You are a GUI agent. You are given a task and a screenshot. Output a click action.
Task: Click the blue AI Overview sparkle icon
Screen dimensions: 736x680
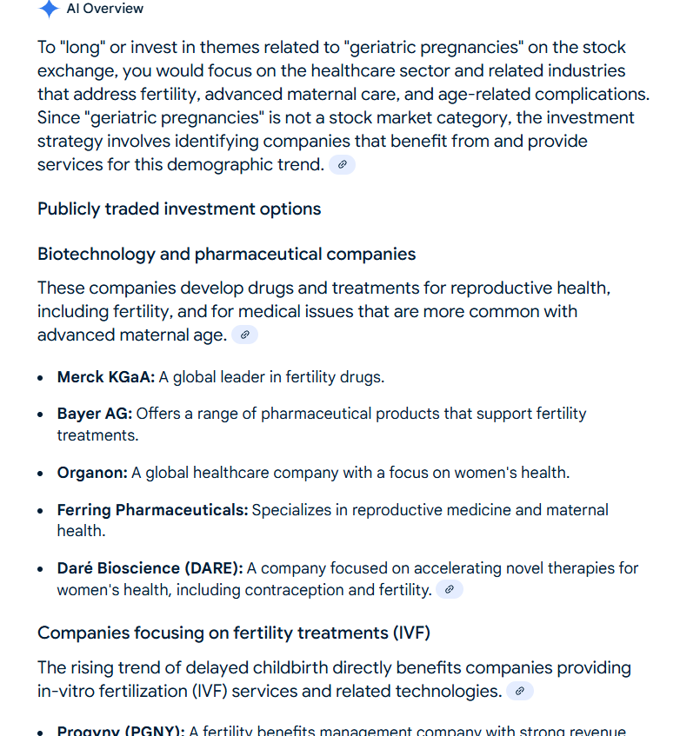(x=49, y=9)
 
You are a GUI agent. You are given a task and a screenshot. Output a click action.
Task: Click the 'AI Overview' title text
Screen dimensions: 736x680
(x=105, y=9)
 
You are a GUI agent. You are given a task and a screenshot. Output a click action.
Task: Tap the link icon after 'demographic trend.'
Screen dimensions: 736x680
(x=342, y=164)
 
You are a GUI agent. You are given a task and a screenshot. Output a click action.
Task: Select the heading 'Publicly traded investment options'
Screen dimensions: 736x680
(x=179, y=209)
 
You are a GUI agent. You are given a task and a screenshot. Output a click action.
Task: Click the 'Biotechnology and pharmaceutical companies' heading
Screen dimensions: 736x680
(x=226, y=254)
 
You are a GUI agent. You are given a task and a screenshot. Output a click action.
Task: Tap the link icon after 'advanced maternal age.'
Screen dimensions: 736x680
(x=244, y=335)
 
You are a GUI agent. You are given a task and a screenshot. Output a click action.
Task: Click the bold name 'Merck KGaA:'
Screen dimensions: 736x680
(x=106, y=377)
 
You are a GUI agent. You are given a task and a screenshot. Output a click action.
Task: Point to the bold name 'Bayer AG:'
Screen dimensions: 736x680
(x=95, y=414)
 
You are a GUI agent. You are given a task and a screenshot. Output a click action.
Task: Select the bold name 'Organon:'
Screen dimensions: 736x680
(x=92, y=473)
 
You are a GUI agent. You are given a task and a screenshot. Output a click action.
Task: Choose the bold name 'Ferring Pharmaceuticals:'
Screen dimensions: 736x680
(x=152, y=509)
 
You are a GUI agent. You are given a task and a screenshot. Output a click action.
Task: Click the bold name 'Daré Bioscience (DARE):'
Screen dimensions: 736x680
(x=150, y=568)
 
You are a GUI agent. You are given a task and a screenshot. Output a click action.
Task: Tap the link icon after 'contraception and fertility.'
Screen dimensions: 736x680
(x=449, y=590)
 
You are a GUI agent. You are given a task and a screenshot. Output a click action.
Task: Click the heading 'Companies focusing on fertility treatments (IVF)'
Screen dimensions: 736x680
(x=233, y=632)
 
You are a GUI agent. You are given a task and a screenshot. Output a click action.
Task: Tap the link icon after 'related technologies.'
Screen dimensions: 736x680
(x=519, y=691)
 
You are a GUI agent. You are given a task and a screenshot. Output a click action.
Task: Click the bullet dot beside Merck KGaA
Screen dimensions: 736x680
(x=42, y=378)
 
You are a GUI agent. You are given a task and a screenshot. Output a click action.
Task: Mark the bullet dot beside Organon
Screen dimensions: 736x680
(x=42, y=474)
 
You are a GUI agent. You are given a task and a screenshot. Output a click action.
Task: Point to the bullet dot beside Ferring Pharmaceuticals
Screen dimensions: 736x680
(x=42, y=510)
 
